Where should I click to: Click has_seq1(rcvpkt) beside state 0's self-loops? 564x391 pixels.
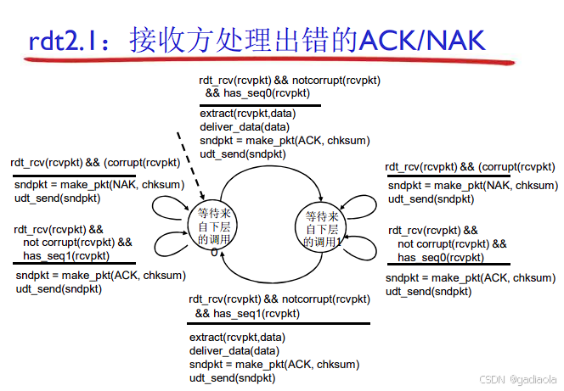(x=66, y=255)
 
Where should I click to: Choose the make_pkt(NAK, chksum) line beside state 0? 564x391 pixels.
(x=99, y=185)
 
